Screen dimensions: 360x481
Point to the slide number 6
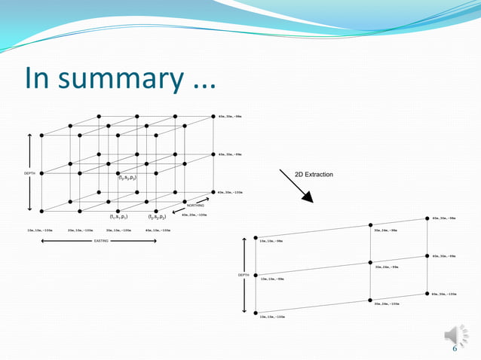(455, 349)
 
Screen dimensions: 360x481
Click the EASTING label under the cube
(102, 242)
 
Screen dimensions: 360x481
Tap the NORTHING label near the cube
(195, 206)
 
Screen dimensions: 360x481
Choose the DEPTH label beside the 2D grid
(244, 276)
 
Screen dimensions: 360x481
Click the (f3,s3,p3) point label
(127, 178)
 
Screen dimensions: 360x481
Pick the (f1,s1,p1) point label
(118, 216)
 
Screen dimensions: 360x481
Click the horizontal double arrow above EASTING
(88, 241)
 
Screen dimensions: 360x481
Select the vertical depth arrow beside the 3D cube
(29, 172)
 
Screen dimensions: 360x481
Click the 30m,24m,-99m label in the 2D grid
(386, 267)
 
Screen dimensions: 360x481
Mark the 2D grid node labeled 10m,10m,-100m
(256, 312)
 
